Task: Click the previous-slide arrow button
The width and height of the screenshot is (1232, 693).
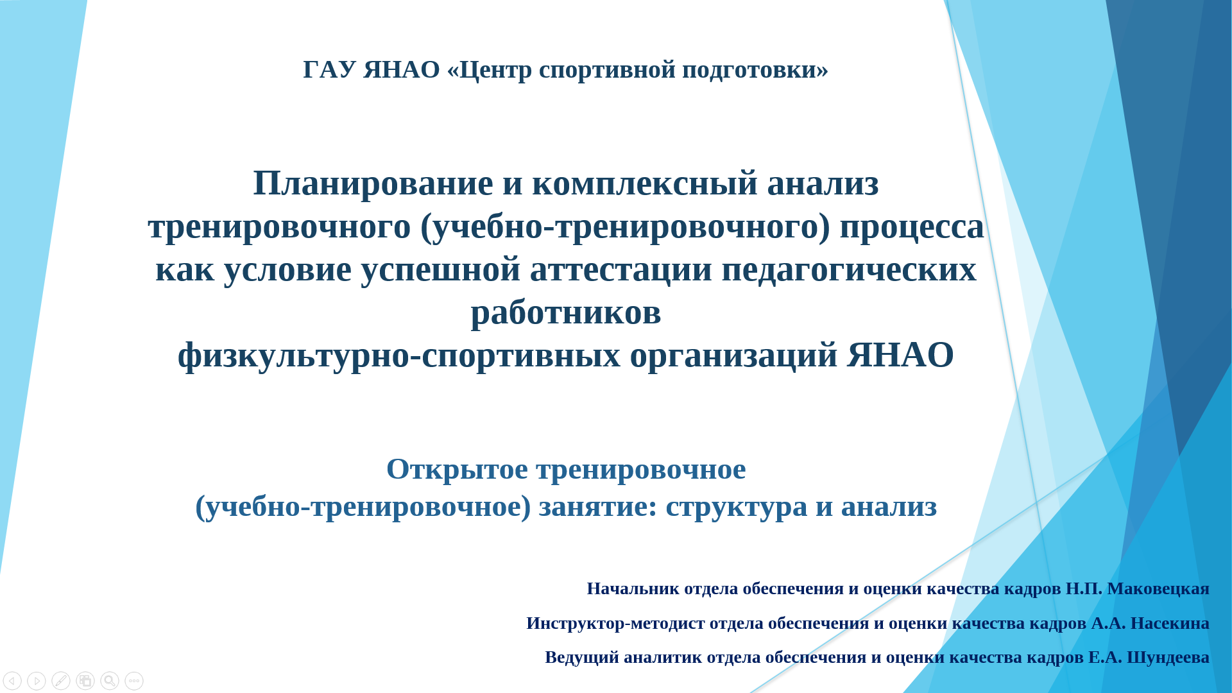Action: pyautogui.click(x=12, y=681)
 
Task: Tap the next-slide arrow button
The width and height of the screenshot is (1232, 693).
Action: pyautogui.click(x=37, y=681)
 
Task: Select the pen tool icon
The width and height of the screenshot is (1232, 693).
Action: pyautogui.click(x=61, y=681)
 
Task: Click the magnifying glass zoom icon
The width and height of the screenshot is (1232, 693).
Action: pyautogui.click(x=110, y=681)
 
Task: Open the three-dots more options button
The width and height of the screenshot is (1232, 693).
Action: pyautogui.click(x=134, y=681)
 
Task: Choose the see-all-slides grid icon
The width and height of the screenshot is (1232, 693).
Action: pyautogui.click(x=85, y=681)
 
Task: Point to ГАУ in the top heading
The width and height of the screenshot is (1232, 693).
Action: pyautogui.click(x=329, y=69)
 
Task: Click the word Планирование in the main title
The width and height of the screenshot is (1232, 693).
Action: pyautogui.click(x=373, y=184)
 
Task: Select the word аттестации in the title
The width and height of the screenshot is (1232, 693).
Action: pyautogui.click(x=620, y=269)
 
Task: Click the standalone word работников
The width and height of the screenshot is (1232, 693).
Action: pyautogui.click(x=566, y=312)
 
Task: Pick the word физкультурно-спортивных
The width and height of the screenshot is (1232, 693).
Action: pyautogui.click(x=399, y=355)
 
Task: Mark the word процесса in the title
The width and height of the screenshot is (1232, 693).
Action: pyautogui.click(x=912, y=227)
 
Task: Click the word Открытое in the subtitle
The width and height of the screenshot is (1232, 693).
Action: pyautogui.click(x=457, y=469)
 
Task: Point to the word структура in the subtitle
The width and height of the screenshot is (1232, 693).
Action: pyautogui.click(x=737, y=507)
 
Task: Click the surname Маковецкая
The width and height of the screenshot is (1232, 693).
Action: pyautogui.click(x=1158, y=588)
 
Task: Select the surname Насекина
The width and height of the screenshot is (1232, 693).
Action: pyautogui.click(x=1170, y=623)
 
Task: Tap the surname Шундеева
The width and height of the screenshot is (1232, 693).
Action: pyautogui.click(x=1168, y=658)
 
